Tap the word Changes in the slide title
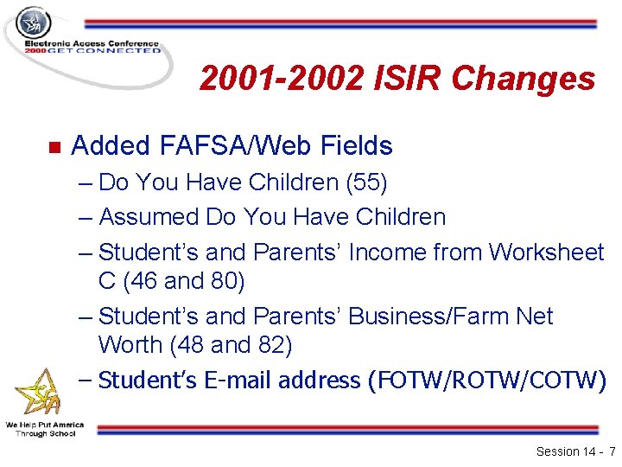(x=524, y=80)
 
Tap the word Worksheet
(x=546, y=252)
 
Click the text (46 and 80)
(x=184, y=280)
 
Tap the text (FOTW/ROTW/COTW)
(x=486, y=380)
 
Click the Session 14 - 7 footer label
(x=575, y=451)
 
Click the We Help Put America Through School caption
(x=44, y=429)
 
